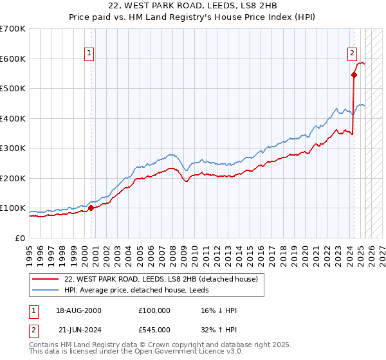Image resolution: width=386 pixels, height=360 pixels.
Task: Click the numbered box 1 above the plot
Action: point(89,54)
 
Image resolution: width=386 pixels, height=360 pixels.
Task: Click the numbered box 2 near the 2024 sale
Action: point(353,54)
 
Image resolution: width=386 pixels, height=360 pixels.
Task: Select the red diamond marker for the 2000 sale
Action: point(91,208)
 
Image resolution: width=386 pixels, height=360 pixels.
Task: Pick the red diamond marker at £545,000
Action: point(354,75)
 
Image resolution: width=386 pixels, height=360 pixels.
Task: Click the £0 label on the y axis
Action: point(20,239)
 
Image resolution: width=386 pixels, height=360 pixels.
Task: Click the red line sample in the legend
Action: point(45,279)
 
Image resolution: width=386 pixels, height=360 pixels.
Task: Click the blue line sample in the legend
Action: point(45,290)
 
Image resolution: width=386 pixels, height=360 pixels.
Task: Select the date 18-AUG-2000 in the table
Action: point(78,310)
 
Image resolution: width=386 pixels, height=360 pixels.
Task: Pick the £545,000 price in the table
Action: point(154,330)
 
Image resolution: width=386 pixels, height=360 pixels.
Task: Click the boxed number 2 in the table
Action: point(33,330)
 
